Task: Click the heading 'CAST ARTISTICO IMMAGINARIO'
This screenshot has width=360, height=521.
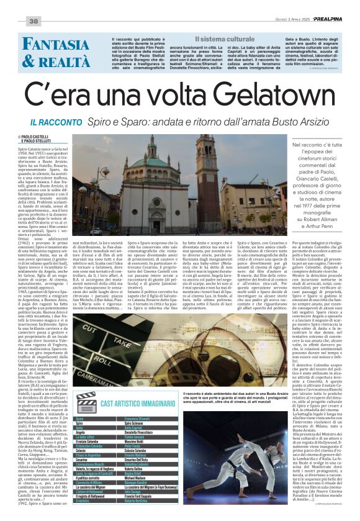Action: [x=136, y=405]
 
